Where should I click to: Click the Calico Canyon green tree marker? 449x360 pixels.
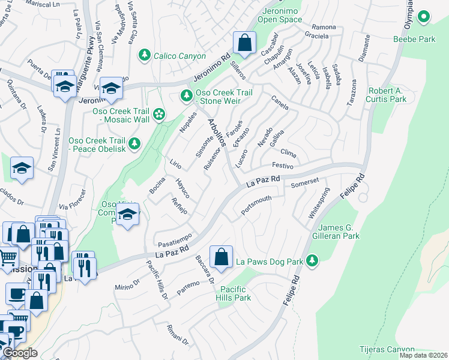(x=145, y=56)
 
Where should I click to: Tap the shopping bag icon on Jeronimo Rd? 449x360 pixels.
(x=244, y=43)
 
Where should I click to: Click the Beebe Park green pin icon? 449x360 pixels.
(x=424, y=17)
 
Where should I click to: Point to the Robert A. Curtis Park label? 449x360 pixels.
(x=387, y=95)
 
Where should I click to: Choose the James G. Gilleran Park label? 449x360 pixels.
(x=348, y=232)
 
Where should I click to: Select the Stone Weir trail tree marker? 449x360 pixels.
(x=187, y=96)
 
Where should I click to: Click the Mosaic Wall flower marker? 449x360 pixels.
(x=159, y=114)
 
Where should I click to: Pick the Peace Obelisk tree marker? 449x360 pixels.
(x=135, y=143)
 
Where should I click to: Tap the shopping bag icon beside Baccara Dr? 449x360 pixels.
(x=221, y=257)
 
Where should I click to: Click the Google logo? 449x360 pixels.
(x=20, y=353)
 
